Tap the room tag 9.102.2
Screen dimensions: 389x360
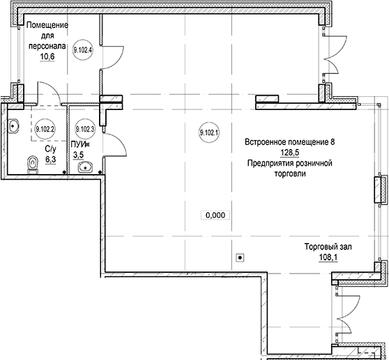[x=45, y=129]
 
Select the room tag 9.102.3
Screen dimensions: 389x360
[x=85, y=129]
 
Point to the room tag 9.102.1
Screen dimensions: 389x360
[x=209, y=132]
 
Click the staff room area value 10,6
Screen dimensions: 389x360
[x=47, y=57]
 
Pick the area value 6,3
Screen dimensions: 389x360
[x=51, y=159]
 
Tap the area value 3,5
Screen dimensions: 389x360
[x=78, y=155]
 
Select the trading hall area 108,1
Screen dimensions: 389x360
[x=328, y=258]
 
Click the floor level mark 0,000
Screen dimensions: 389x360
[x=215, y=215]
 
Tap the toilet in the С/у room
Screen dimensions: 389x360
[x=33, y=164]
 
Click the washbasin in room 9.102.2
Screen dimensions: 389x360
[x=13, y=126]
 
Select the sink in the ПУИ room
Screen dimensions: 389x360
[x=85, y=167]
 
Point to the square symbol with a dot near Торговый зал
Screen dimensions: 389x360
[x=240, y=258]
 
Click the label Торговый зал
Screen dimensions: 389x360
[x=328, y=246]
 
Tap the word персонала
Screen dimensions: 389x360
[x=47, y=47]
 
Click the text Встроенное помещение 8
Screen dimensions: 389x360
[x=289, y=142]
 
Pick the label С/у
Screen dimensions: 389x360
[x=51, y=149]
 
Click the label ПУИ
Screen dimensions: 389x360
[x=78, y=144]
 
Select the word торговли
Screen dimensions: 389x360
[x=290, y=173]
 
